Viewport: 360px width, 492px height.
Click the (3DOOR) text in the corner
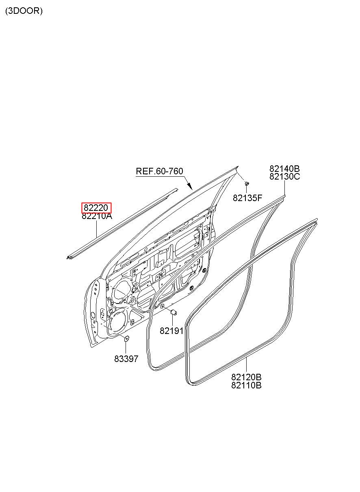(x=24, y=11)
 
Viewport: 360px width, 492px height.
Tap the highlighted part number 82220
(x=96, y=208)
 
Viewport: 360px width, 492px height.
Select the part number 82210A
(x=97, y=216)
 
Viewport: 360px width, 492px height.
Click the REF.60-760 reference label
(x=159, y=171)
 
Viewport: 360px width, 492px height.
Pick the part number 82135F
(x=247, y=198)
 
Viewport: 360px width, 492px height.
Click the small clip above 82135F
(x=247, y=185)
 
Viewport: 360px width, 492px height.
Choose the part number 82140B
(x=284, y=169)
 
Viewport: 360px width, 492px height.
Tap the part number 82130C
(x=284, y=177)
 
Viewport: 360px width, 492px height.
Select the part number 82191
(x=171, y=331)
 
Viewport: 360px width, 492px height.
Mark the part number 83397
(x=126, y=359)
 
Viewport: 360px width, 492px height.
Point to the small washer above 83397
(x=126, y=338)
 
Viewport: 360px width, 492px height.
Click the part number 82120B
(x=246, y=377)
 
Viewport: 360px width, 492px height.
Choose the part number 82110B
(x=246, y=385)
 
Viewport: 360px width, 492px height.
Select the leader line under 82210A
(x=96, y=229)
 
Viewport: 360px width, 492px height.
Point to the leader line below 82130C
(x=284, y=188)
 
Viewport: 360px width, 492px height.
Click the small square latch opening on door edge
(x=103, y=313)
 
